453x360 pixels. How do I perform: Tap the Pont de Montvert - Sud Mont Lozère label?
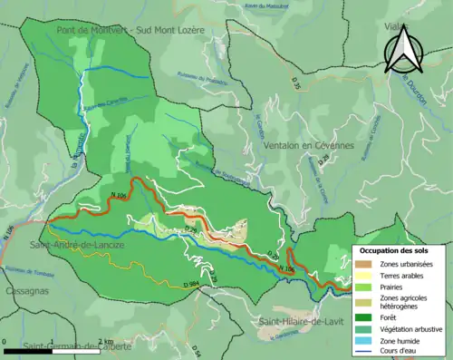(131, 29)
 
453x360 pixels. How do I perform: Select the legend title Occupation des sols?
(395, 249)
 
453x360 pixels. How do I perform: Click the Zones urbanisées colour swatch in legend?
(363, 264)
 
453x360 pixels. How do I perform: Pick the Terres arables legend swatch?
(363, 276)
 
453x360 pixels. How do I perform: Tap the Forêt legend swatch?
(363, 317)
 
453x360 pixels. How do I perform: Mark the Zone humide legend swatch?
(363, 341)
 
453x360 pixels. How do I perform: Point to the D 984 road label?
(191, 286)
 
